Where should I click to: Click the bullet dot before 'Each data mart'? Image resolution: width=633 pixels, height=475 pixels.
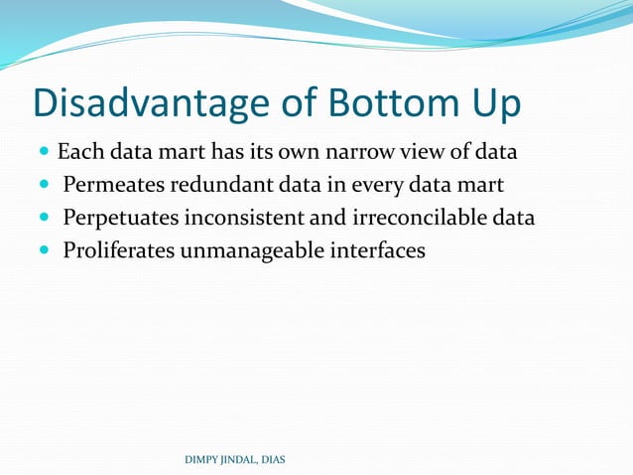coord(44,154)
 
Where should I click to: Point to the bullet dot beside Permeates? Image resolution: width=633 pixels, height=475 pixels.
coord(44,186)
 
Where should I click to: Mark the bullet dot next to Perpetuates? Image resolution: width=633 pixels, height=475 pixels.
coord(44,219)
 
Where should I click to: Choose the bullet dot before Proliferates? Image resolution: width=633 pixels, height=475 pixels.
coord(44,250)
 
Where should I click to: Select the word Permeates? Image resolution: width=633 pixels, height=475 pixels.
coord(114,186)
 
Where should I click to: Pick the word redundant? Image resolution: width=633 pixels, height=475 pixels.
coord(218,186)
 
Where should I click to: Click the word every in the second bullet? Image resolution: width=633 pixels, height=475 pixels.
coord(363,186)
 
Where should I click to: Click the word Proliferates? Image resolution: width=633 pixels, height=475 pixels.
coord(119,250)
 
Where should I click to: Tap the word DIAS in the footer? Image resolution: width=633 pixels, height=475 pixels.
coord(271,459)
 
